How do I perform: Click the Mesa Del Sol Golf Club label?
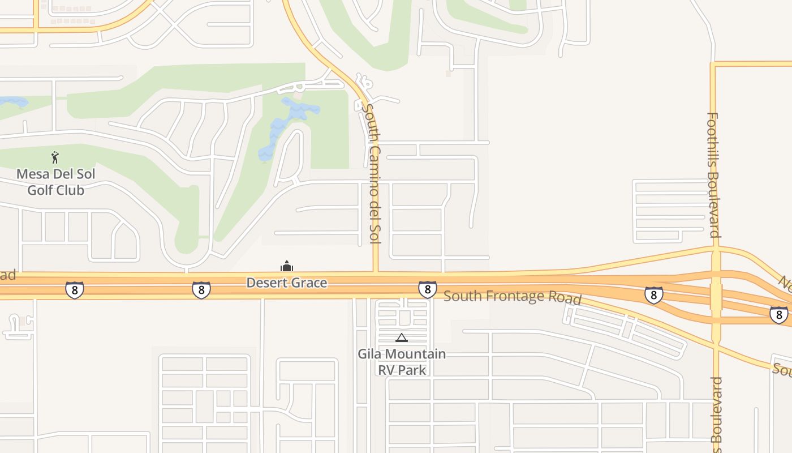(55, 182)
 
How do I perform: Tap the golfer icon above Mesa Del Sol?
(55, 157)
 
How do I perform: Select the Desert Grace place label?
(287, 282)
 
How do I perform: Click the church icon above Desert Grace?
(287, 266)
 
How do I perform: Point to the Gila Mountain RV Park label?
(402, 362)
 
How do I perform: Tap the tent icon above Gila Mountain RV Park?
(402, 338)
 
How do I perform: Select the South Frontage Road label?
(512, 297)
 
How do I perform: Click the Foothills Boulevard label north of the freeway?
(713, 175)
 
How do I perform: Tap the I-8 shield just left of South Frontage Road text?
(427, 289)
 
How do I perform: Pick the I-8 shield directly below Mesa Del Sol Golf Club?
(74, 290)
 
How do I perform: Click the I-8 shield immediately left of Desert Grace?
(201, 290)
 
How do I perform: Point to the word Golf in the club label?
(40, 190)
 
